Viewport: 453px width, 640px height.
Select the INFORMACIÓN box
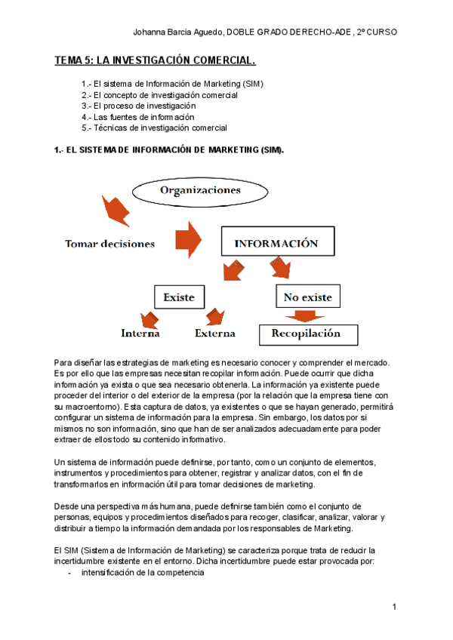(x=276, y=244)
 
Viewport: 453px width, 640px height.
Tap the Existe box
(x=179, y=297)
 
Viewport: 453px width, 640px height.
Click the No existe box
(x=307, y=297)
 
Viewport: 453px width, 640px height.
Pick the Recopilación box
(x=306, y=334)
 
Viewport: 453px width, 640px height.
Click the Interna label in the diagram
(x=140, y=333)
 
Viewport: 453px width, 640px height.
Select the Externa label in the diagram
(x=215, y=333)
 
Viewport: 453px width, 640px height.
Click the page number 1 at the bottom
(x=395, y=608)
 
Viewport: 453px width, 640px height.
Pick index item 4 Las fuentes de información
(x=137, y=117)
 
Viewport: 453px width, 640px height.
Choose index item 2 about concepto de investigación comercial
(x=159, y=95)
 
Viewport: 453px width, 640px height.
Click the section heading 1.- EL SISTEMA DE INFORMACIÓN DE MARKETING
(x=169, y=150)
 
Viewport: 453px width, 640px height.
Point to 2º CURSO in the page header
(x=377, y=32)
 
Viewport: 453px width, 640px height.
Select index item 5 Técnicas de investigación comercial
(x=154, y=128)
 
